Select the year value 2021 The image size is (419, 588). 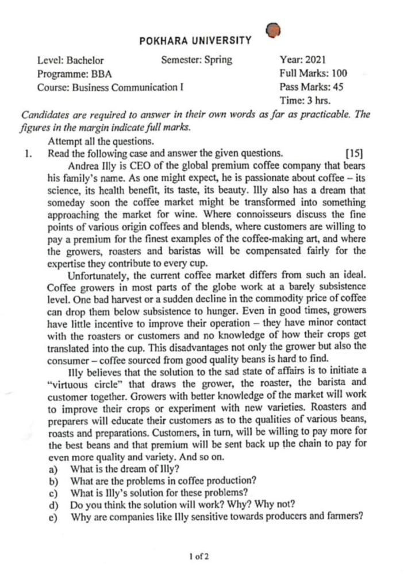pos(316,59)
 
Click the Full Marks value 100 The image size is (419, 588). pos(339,73)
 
